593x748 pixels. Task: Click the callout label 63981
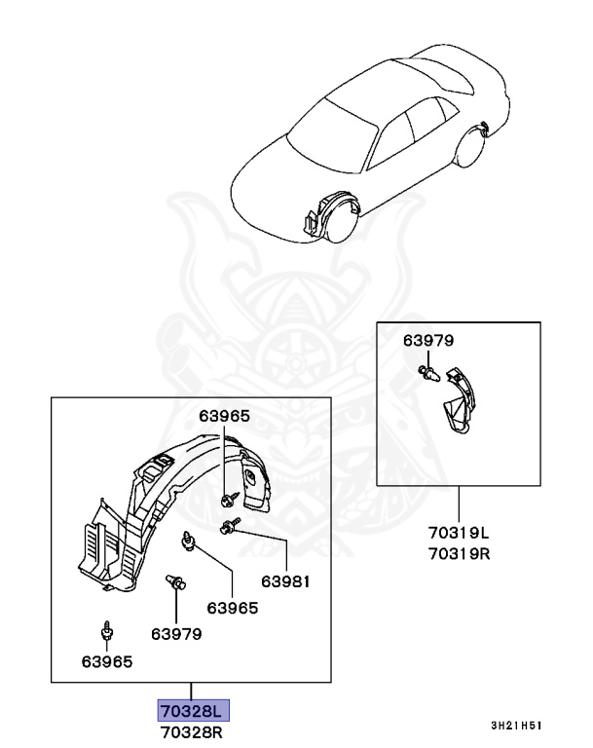click(x=284, y=582)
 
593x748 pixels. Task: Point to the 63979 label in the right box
click(x=428, y=340)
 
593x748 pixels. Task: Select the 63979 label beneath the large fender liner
click(x=176, y=633)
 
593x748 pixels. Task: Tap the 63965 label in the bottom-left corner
click(x=107, y=661)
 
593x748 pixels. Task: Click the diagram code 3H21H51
click(x=516, y=726)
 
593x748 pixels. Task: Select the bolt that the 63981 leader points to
click(x=230, y=527)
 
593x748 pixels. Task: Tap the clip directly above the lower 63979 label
click(x=176, y=583)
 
